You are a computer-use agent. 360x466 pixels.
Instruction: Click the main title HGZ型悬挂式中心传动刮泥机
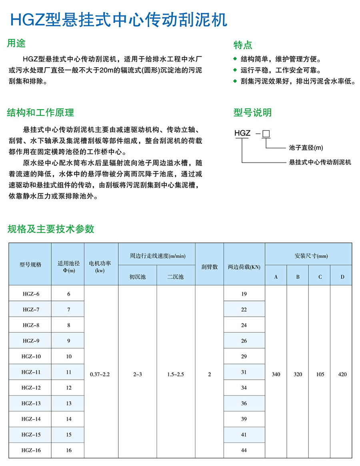118,19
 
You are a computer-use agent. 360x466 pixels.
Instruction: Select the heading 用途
16,43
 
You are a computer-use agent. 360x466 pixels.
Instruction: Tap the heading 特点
243,45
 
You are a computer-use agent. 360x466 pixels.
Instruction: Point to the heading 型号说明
252,113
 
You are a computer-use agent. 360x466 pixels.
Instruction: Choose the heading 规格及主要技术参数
51,229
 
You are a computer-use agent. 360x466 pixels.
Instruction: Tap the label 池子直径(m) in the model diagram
306,148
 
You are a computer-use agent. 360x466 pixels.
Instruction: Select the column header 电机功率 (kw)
101,264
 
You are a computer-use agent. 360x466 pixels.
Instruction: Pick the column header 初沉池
137,276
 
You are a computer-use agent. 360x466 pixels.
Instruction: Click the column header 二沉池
176,276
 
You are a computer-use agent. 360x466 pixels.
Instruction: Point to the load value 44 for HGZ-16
244,450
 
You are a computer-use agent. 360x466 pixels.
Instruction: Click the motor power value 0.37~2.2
101,374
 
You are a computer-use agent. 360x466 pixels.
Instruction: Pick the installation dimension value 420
342,374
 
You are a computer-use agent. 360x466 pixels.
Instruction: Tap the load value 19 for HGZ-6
244,294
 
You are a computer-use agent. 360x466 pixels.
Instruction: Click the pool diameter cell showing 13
68,403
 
